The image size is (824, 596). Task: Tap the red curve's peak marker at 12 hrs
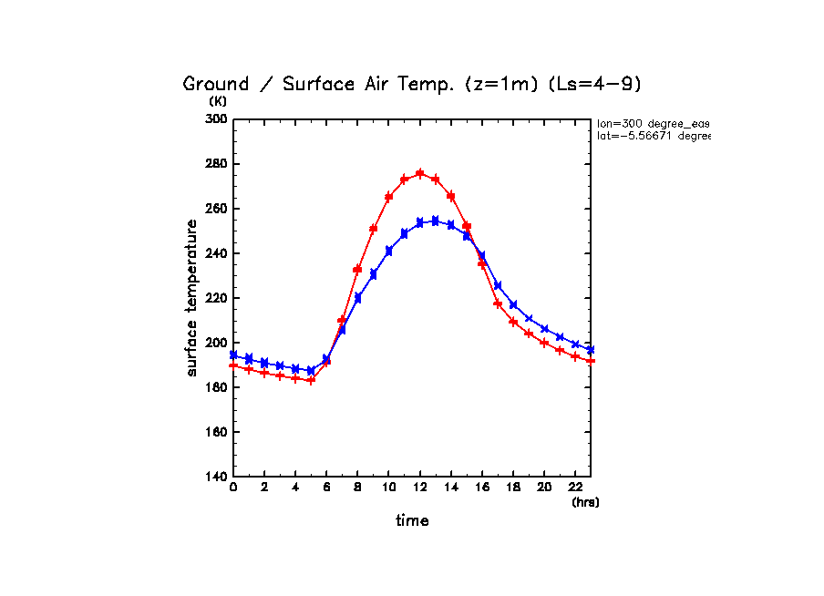click(x=419, y=173)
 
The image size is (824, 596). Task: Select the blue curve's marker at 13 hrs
click(x=435, y=221)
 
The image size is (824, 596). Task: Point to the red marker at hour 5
click(x=311, y=380)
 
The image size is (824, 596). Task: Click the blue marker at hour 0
click(x=233, y=355)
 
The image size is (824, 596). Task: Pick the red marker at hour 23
click(x=591, y=361)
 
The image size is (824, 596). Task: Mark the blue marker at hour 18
click(x=513, y=304)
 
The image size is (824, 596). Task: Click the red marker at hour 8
click(x=357, y=270)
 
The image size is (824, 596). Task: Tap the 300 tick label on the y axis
click(x=215, y=119)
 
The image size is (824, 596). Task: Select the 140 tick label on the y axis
click(x=215, y=477)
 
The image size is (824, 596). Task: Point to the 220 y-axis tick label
click(x=215, y=298)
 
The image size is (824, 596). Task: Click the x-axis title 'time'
click(x=412, y=521)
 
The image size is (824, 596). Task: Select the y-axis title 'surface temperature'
click(x=192, y=298)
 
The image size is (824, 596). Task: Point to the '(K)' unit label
click(x=218, y=102)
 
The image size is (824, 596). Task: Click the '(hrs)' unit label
click(x=585, y=502)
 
